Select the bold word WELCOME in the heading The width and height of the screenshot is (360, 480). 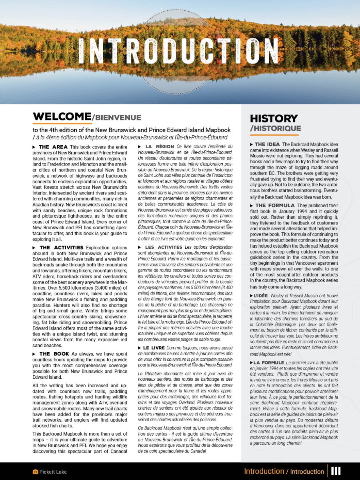click(x=62, y=116)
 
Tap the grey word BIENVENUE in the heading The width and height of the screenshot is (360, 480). click(x=117, y=118)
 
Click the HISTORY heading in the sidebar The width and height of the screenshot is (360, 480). click(x=274, y=118)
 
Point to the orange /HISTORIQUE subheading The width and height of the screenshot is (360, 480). click(x=275, y=128)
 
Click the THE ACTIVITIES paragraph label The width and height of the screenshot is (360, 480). click(x=61, y=248)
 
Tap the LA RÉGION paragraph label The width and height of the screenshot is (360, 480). click(x=159, y=147)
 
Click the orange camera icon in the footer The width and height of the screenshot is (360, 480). click(x=35, y=472)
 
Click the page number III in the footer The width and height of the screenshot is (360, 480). click(x=336, y=471)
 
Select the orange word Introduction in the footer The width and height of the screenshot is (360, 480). click(x=264, y=472)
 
